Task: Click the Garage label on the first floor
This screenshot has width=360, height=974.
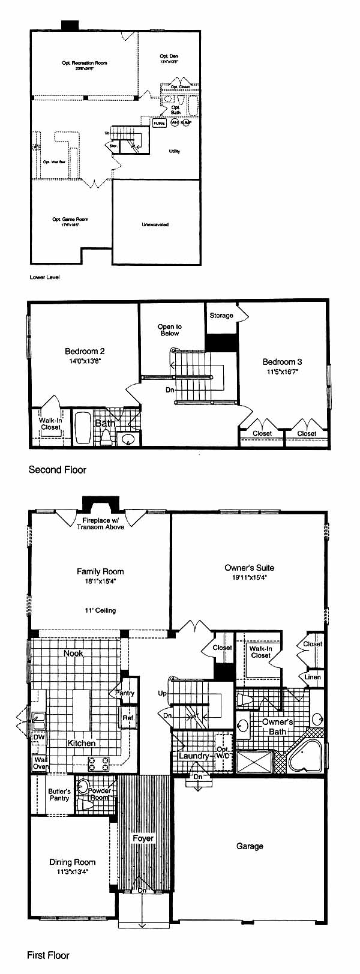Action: (x=250, y=846)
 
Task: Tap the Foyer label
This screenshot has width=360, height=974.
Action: (x=143, y=838)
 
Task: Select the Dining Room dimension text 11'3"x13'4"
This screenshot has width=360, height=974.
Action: (x=73, y=873)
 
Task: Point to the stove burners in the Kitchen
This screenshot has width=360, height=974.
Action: (x=99, y=764)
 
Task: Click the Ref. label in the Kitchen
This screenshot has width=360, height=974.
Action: (x=128, y=718)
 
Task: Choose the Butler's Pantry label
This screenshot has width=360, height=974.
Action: (x=59, y=795)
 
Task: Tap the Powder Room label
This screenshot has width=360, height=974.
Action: (x=99, y=794)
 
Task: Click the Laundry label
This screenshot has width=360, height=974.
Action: (x=193, y=756)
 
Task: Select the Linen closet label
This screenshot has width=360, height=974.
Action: (x=313, y=677)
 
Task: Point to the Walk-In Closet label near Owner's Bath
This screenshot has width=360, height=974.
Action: (x=260, y=652)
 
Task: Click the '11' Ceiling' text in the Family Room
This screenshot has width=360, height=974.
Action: (x=100, y=610)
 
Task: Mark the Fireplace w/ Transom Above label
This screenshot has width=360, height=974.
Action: (x=100, y=523)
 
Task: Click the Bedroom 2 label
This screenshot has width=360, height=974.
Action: (x=85, y=351)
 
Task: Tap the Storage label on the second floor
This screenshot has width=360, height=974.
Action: (x=221, y=316)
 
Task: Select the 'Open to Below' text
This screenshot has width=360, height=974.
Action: (x=170, y=330)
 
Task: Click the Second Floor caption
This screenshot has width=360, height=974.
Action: (x=58, y=470)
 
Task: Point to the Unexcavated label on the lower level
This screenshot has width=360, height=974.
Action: (x=155, y=224)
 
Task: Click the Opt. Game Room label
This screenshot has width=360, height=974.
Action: (x=66, y=219)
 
